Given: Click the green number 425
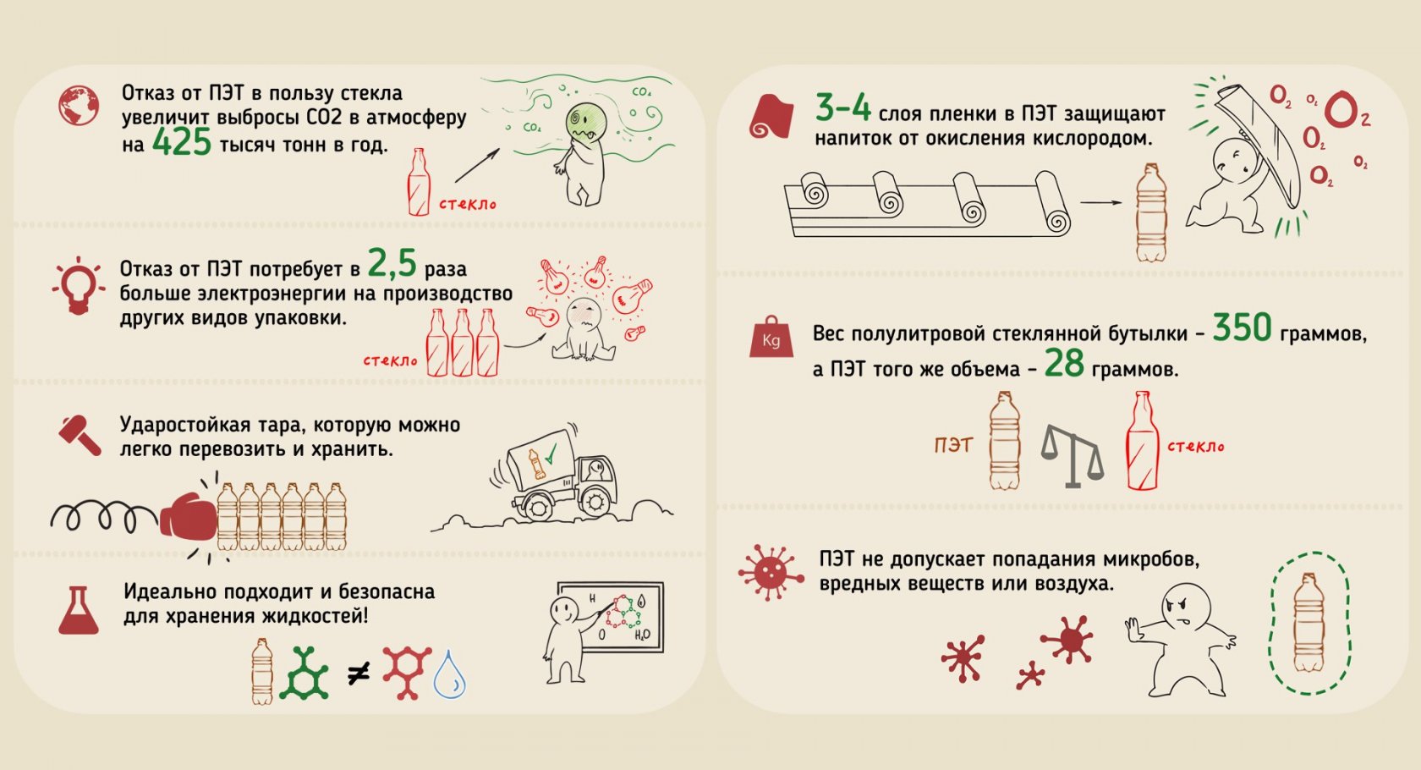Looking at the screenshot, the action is [181, 142].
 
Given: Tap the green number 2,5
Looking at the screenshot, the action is [392, 263].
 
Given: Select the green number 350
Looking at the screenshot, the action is [1242, 327].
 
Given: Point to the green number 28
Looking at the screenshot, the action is [1064, 364].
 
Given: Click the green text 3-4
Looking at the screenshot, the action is [843, 107].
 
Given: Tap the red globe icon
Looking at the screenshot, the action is [79, 106].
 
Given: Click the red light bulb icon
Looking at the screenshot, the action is [79, 286].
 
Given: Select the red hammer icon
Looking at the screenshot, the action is [80, 436].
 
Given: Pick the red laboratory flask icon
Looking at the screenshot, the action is [79, 610].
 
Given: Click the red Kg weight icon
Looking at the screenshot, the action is [771, 337].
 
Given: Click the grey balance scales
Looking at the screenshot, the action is [1073, 456].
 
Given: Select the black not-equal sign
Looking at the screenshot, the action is [359, 674].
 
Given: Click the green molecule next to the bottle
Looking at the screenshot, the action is [304, 674].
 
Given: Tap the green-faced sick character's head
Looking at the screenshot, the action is [585, 122].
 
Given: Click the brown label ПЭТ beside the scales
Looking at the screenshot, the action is [952, 445].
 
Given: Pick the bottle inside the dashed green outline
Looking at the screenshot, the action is [1309, 623].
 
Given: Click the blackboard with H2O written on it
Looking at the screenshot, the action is [611, 617].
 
